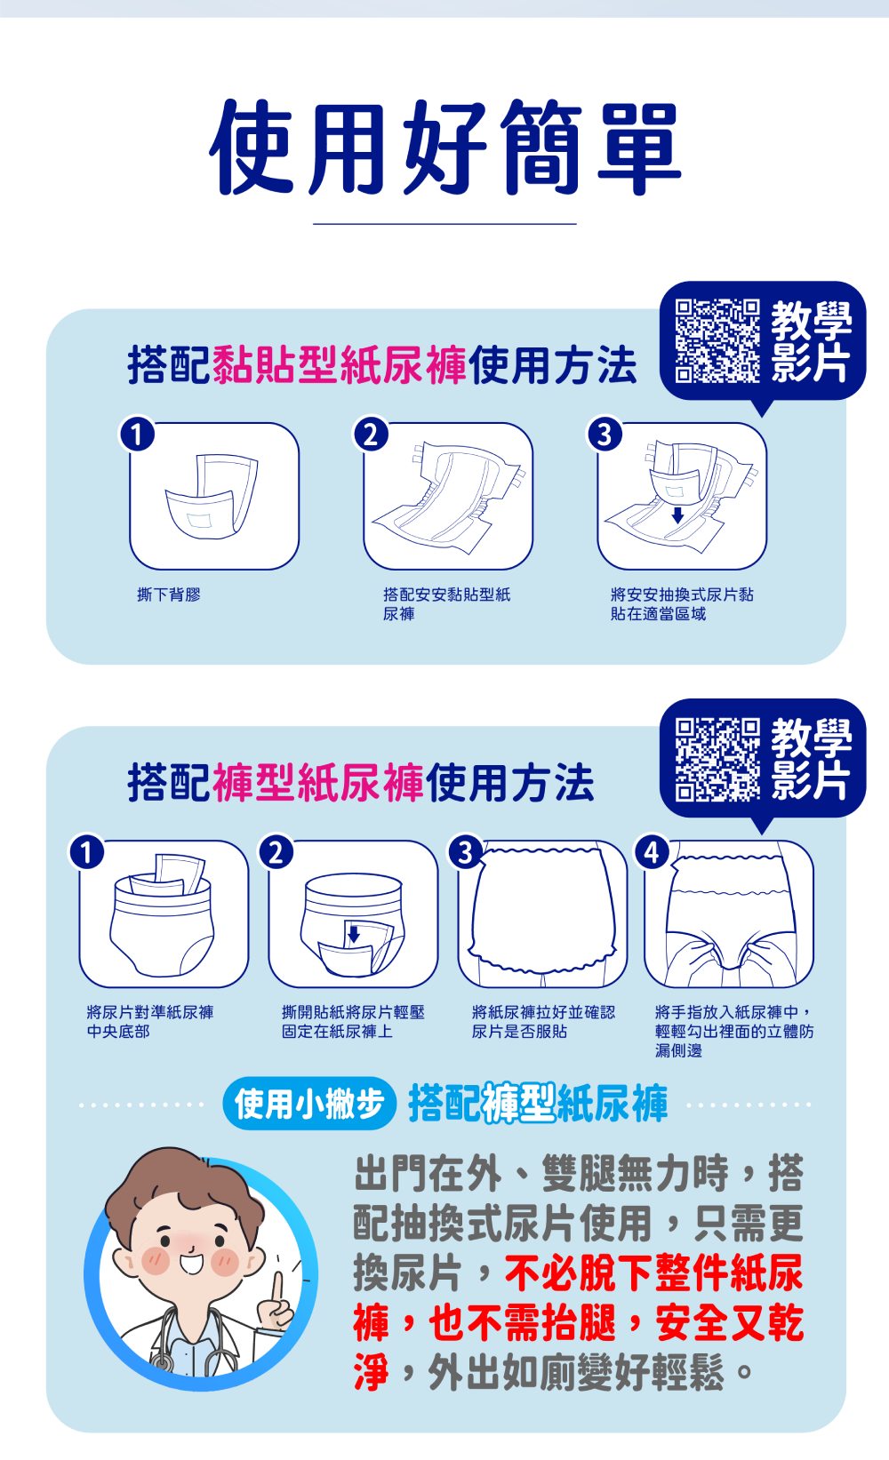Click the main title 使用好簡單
[x=444, y=148]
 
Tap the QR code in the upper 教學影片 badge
[x=717, y=340]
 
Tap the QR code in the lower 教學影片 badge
[x=717, y=759]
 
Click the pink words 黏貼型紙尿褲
[x=340, y=365]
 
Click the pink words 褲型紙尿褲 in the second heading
[x=318, y=782]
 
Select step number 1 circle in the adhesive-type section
[x=137, y=435]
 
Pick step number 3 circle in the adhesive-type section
[x=605, y=435]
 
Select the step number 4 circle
[x=653, y=852]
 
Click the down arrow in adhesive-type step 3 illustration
[x=677, y=515]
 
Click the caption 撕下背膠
[x=169, y=594]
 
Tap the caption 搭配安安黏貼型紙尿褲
[x=447, y=604]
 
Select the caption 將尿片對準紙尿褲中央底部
[x=150, y=1021]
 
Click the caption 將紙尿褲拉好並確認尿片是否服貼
[x=543, y=1021]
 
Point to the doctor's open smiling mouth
[x=192, y=1263]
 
